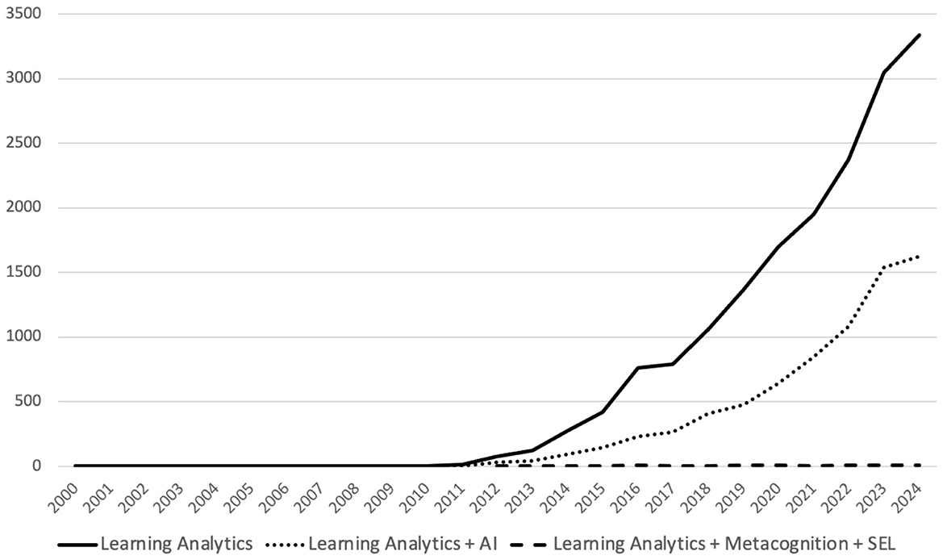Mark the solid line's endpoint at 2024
920,35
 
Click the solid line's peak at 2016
637,368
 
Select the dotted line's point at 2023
884,267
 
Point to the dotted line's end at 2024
920,257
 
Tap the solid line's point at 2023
884,73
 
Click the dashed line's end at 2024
920,466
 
